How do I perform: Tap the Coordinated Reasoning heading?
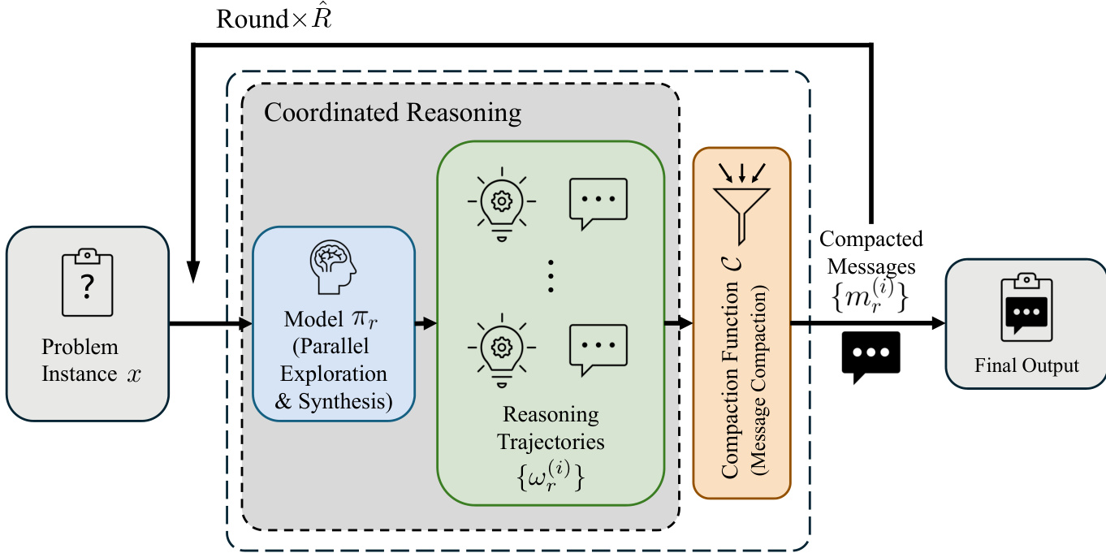pos(392,112)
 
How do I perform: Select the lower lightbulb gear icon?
pos(501,345)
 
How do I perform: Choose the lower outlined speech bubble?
pos(600,345)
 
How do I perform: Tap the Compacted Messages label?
pos(871,253)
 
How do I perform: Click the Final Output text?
pos(1026,365)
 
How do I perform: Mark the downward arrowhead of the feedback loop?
pos(193,273)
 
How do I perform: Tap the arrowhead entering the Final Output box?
pos(938,324)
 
